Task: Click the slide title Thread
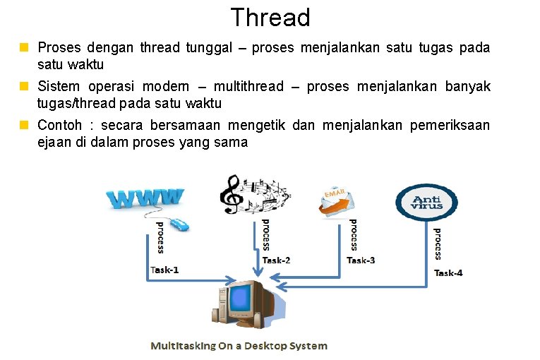(270, 17)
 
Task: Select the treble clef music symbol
(229, 194)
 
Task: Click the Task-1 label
(165, 270)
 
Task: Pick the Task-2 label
(276, 260)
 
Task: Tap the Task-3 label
(361, 260)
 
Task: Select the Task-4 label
(448, 273)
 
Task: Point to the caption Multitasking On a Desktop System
(239, 346)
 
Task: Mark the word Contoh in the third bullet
(61, 126)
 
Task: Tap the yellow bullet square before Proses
(23, 48)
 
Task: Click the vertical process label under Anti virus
(438, 244)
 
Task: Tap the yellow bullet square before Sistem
(23, 87)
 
